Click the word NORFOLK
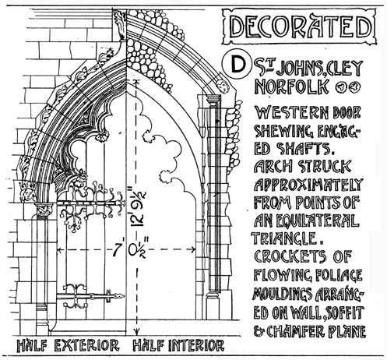[x=292, y=86]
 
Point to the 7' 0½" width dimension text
[x=128, y=249]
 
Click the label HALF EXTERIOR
[x=68, y=345]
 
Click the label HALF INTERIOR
[x=178, y=345]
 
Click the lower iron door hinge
[x=90, y=296]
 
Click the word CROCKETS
[x=290, y=256]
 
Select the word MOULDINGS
[x=282, y=295]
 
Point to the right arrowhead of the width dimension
[x=192, y=250]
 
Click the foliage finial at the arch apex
[x=120, y=25]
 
